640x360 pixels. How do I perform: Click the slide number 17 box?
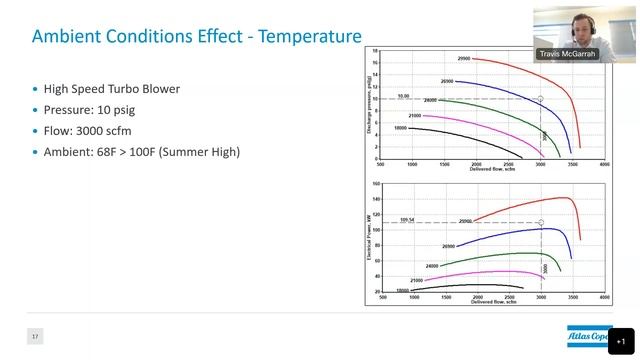35,337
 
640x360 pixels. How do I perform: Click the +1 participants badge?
620,341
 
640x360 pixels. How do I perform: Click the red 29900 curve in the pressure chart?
530,70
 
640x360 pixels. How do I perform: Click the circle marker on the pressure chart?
541,99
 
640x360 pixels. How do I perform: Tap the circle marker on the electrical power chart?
541,222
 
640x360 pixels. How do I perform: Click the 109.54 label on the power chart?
406,219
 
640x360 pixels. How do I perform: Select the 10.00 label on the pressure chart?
403,96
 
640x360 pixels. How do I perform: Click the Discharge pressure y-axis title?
369,105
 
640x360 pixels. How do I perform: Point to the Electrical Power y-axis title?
369,237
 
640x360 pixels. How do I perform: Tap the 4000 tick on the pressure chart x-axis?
605,162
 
